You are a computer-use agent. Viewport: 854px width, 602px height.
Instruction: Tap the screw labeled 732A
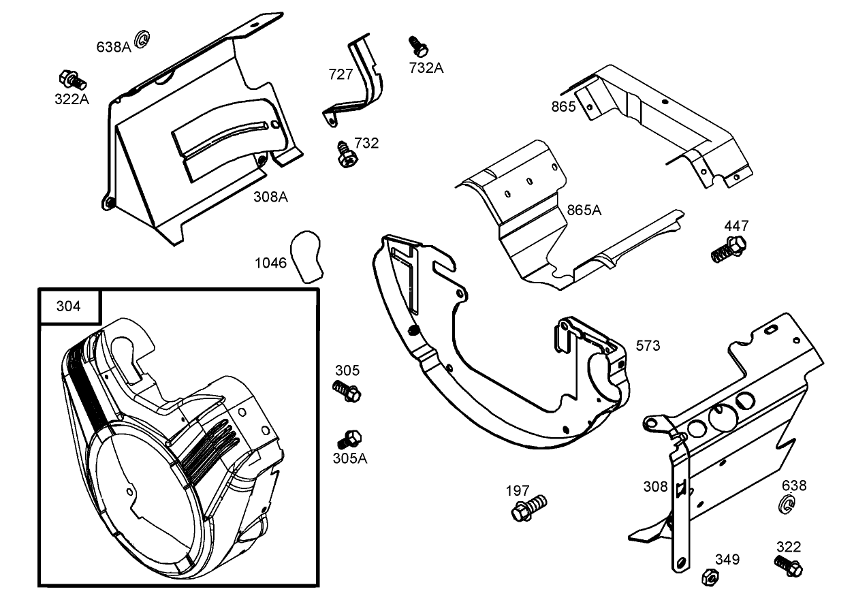coord(417,46)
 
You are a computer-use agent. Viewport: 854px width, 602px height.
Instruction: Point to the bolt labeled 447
coord(728,249)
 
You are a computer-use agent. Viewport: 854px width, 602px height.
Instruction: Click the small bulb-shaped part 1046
coord(306,255)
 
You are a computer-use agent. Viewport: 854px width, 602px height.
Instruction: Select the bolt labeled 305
coord(347,391)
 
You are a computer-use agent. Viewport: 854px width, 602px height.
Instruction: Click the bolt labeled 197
coord(528,508)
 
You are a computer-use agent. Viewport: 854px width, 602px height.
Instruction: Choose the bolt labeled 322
coord(789,565)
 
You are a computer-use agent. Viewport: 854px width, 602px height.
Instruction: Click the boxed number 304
coord(69,306)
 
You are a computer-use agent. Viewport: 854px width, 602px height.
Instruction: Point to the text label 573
coord(648,346)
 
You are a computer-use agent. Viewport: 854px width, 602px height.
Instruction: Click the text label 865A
coord(584,210)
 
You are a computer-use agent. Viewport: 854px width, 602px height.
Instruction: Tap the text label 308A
coord(270,197)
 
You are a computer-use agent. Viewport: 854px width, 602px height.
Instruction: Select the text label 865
coord(563,106)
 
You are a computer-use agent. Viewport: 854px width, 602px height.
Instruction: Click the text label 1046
coord(271,263)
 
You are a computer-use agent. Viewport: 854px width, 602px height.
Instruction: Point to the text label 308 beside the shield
coord(655,486)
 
